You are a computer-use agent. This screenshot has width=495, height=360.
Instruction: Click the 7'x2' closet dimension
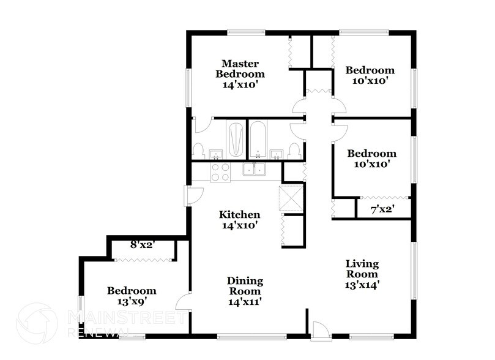click(382, 210)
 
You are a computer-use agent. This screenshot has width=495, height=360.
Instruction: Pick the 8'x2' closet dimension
click(143, 246)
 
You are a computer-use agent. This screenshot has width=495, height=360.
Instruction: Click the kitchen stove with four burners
click(220, 172)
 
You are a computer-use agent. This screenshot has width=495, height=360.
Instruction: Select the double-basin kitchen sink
click(255, 171)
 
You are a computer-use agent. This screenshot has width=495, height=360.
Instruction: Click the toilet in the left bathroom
click(198, 150)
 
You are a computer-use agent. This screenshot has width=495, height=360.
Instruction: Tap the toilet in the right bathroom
click(295, 150)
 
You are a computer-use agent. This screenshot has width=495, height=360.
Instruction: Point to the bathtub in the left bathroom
click(236, 138)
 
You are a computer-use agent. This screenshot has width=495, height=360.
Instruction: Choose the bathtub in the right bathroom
click(258, 138)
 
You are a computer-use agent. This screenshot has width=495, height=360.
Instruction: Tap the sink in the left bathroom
click(215, 153)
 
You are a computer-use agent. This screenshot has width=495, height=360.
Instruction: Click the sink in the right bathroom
click(277, 153)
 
